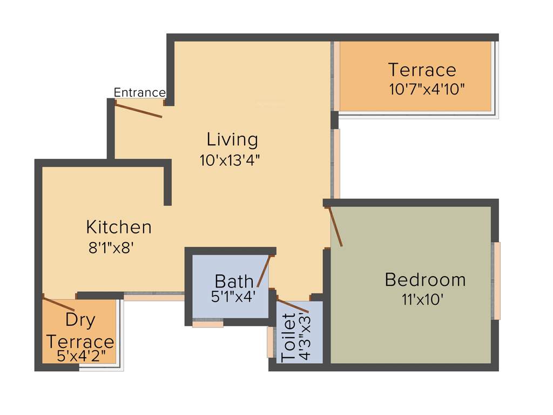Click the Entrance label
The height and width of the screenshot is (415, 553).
point(139,93)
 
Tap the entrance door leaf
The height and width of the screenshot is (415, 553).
point(139,110)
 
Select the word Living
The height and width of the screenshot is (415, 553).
point(232,139)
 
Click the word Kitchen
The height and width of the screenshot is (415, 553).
point(119,226)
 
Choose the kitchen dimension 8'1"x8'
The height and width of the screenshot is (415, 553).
point(111,248)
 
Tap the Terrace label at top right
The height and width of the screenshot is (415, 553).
point(422,70)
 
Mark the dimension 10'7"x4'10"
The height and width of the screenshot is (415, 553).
point(427,89)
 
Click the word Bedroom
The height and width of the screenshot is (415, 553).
point(425,280)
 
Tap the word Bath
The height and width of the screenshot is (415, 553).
point(234,281)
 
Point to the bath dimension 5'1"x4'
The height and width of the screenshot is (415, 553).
point(233,296)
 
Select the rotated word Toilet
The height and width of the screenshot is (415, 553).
point(289,338)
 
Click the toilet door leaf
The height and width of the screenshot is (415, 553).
point(293,305)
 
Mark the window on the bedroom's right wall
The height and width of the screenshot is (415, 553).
point(496,280)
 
